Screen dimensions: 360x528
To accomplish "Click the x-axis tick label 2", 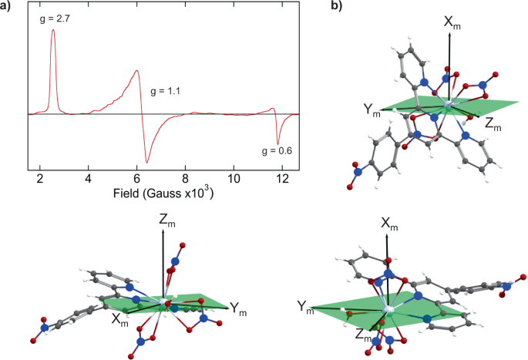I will (x=39, y=176).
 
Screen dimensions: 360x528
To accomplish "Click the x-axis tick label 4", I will (x=88, y=176).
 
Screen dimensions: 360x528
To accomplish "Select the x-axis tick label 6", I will (x=136, y=176).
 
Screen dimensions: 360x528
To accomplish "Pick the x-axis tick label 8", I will (x=185, y=176).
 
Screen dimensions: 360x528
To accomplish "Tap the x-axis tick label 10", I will (x=234, y=176).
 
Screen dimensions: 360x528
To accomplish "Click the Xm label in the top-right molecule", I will (x=452, y=23).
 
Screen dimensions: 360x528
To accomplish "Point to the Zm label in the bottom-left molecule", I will (x=165, y=221).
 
